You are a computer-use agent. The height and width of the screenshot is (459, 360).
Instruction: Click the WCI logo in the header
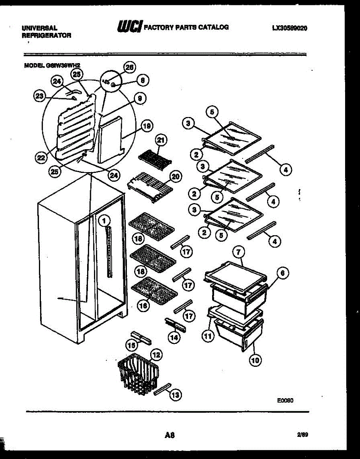pyautogui.click(x=130, y=27)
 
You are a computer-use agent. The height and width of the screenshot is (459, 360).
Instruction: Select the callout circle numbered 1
pyautogui.click(x=104, y=220)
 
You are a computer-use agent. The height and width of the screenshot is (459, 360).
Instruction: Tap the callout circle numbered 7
pyautogui.click(x=238, y=252)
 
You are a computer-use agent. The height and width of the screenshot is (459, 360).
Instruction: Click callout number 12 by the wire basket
pyautogui.click(x=156, y=355)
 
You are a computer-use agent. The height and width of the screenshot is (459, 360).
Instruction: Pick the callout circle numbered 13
pyautogui.click(x=175, y=396)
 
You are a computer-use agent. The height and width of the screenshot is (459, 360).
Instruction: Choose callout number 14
pyautogui.click(x=174, y=337)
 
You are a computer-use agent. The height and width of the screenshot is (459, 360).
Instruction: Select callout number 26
pyautogui.click(x=130, y=67)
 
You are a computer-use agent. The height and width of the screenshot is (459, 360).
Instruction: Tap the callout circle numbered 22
pyautogui.click(x=41, y=157)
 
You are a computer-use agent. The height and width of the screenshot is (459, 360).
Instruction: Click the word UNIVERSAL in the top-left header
pyautogui.click(x=39, y=28)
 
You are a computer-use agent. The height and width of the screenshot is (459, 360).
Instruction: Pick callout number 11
pyautogui.click(x=208, y=337)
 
